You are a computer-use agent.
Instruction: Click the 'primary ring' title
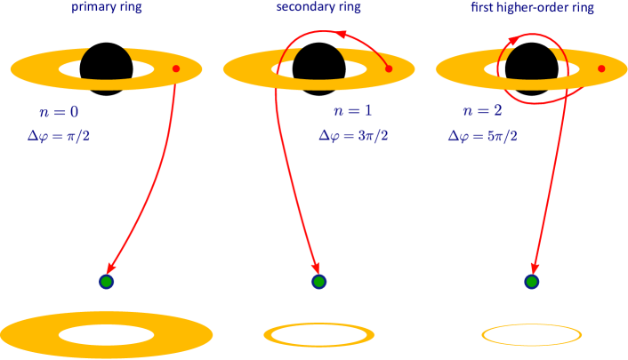point(107,8)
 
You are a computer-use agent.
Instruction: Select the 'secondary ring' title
point(318,8)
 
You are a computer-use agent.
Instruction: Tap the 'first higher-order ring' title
point(532,8)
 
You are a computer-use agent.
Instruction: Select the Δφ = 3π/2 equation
point(354,136)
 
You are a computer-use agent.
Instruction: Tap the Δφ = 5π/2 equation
point(483,136)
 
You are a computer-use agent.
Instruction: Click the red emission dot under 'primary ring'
point(176,68)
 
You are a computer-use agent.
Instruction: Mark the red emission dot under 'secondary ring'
point(388,68)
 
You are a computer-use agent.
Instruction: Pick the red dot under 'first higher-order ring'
point(601,68)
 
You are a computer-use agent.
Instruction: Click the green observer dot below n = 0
point(107,282)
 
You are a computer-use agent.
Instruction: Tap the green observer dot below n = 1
point(319,282)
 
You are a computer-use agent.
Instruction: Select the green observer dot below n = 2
point(532,282)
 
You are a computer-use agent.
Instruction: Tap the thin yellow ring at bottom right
point(532,335)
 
